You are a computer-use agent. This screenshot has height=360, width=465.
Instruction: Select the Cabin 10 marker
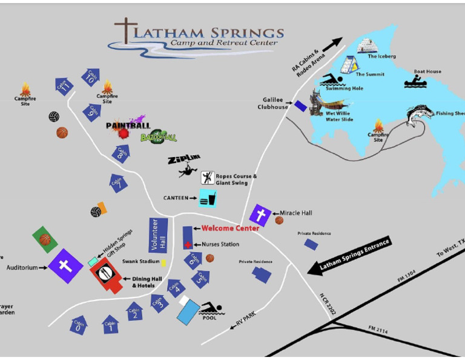[91, 77]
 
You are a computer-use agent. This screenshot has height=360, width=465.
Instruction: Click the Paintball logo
[128, 126]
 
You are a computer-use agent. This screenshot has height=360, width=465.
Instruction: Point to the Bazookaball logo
[159, 137]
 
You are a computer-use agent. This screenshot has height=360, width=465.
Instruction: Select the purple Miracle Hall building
[260, 215]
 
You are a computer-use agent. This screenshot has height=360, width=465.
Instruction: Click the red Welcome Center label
[230, 228]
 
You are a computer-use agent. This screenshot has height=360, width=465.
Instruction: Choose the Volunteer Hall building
[157, 235]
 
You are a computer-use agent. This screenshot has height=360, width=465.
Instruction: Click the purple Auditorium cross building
[65, 265]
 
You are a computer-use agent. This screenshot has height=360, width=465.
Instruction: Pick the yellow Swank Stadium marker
[163, 263]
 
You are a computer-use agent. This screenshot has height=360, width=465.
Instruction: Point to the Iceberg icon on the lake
[368, 45]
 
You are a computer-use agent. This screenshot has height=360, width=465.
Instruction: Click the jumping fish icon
[420, 115]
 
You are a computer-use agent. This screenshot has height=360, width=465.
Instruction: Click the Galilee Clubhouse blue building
[300, 106]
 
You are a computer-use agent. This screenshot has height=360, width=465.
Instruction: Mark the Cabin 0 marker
[79, 326]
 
